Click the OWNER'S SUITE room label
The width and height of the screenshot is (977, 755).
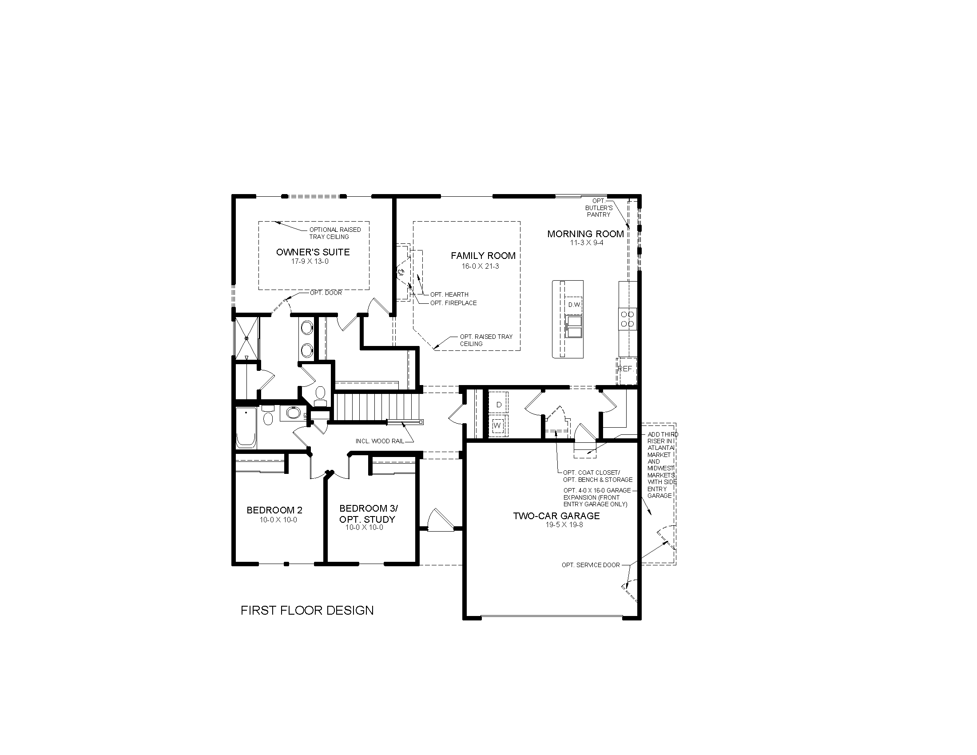313,252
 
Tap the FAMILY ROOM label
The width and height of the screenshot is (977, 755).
483,255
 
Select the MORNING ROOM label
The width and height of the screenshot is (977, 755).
585,234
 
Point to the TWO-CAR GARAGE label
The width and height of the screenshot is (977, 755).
556,516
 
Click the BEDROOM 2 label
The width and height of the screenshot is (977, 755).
274,510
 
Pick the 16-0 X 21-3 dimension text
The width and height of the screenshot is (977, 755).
480,266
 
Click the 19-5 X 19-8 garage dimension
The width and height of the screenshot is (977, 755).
564,525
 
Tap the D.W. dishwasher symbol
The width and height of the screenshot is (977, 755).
574,305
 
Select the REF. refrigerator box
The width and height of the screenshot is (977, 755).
625,369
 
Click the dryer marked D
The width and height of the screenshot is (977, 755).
499,404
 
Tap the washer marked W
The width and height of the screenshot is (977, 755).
497,426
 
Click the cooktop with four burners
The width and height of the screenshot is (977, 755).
628,319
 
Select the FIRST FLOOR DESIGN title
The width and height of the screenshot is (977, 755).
307,610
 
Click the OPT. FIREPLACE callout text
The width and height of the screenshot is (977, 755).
453,303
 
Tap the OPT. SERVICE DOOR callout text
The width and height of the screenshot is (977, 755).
591,565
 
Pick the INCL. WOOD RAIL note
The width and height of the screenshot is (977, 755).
379,441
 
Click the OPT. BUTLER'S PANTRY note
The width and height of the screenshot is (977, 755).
598,208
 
